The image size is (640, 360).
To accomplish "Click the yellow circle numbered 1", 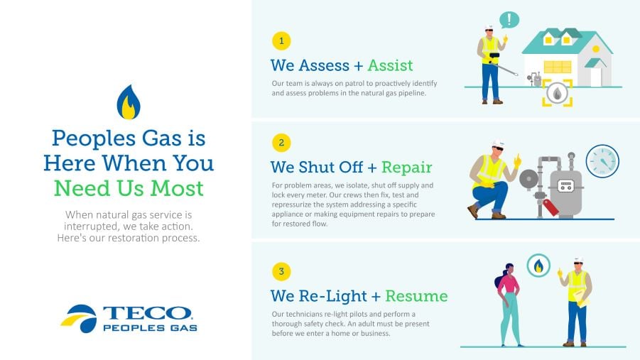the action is pos(281,40).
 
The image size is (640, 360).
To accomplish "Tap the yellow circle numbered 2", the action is pos(281,143).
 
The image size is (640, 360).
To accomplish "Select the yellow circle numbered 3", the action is pos(281,271).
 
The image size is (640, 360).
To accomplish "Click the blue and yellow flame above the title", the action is pos(129,102).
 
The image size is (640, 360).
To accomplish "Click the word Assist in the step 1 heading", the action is pos(390,65).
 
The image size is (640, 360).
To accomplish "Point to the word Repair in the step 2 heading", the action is pos(406,168).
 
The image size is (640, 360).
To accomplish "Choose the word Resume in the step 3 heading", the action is pos(416,296).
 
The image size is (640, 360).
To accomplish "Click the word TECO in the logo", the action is pos(147,313).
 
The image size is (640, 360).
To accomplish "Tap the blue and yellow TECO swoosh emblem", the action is pos(79,318).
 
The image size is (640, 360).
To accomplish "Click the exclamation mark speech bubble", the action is pos(509,19).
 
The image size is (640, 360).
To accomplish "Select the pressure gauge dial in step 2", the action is pos(602,160).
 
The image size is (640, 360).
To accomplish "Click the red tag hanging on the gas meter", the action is pos(550,207).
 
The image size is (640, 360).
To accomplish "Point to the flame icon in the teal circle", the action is pos(538,266).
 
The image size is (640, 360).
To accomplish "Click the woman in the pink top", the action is pos(509,305).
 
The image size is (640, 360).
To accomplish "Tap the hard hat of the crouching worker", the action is pos(498,143).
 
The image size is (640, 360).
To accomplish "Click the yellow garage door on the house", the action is pos(558,67).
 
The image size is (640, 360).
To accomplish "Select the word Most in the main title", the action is pos(177,189).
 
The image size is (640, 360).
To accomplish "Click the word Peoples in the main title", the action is pos(93,138).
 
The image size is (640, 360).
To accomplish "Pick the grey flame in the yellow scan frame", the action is pos(557,94).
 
